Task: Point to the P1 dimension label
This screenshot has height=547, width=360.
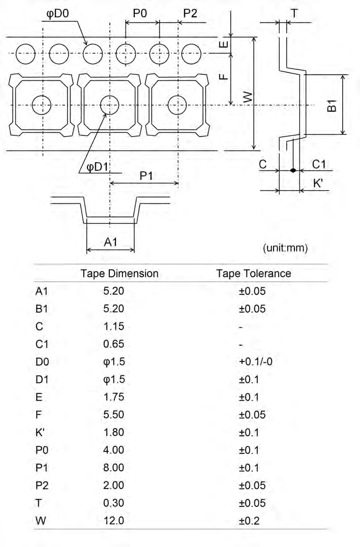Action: (x=146, y=175)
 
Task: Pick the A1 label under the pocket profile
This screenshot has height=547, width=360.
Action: (x=111, y=242)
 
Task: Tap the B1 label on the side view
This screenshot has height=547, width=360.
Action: (x=331, y=106)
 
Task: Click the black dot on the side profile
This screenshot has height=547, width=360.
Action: (x=293, y=170)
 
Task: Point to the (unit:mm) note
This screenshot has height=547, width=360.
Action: (x=285, y=248)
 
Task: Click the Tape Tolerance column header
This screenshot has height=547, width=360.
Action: (x=254, y=273)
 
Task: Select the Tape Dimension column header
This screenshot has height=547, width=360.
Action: (x=119, y=273)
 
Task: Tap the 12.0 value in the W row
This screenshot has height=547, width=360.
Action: (x=113, y=521)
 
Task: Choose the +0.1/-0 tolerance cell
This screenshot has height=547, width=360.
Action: (x=252, y=361)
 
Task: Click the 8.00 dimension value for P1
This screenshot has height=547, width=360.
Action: (x=113, y=468)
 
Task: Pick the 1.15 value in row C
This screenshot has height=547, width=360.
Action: (x=113, y=326)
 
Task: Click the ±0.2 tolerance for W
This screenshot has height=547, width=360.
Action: (x=252, y=521)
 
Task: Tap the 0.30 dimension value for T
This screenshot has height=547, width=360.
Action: (x=113, y=503)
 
